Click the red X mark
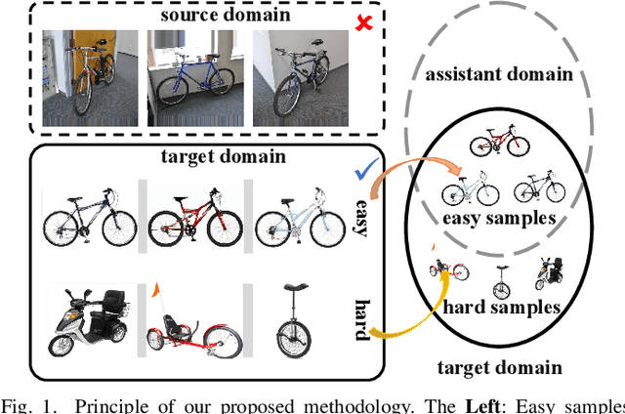363,21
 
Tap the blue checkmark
365,171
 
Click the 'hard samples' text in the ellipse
502,307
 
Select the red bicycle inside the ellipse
499,143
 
